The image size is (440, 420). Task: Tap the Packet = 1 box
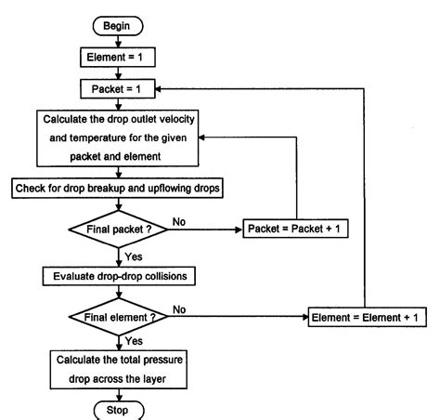point(115,90)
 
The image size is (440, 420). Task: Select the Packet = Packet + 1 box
point(295,228)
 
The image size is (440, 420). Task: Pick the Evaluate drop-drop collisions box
point(115,276)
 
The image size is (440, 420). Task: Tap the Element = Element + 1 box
point(366,318)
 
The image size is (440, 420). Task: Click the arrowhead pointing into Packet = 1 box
point(161,90)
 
